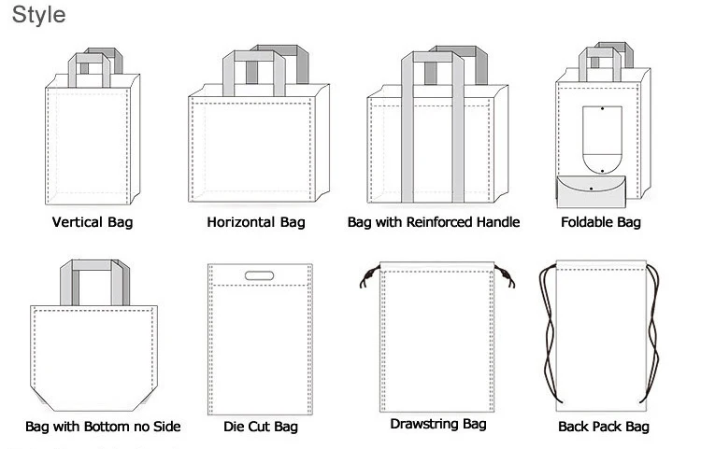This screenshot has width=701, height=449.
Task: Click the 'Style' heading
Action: [x=38, y=16]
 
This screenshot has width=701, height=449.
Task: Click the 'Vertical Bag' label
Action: [x=93, y=222]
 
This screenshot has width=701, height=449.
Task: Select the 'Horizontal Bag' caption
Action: [x=256, y=222]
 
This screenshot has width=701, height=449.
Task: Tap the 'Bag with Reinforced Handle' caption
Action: [x=433, y=222]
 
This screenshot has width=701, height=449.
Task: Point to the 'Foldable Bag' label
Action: [x=601, y=222]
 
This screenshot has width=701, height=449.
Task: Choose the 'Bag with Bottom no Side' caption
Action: [x=103, y=427]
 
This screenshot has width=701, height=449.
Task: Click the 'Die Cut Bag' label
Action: [x=261, y=427]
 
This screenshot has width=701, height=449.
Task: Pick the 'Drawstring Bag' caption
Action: [x=437, y=424]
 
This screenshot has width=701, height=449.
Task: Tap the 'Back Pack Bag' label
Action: [x=603, y=427]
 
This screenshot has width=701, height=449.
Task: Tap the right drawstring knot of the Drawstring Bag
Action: [x=508, y=277]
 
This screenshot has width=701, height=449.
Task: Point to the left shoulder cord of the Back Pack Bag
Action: [x=545, y=336]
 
